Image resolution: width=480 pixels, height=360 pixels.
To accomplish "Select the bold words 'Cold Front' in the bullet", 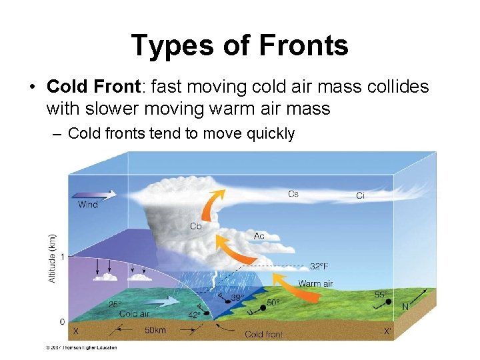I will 93,87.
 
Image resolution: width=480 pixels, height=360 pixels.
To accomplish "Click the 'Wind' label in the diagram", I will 88,205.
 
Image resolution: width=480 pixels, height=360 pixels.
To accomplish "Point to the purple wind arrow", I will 93,194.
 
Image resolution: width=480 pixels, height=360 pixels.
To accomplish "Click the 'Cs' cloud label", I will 293,194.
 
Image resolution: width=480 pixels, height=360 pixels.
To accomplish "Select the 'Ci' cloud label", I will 360,196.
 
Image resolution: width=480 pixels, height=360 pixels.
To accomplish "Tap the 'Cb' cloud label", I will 196,226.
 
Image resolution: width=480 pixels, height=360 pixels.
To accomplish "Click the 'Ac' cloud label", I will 259,236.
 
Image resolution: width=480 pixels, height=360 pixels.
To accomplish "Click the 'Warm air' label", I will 315,283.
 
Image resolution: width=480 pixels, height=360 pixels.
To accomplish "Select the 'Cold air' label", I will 134,313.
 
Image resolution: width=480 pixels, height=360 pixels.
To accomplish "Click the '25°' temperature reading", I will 115,305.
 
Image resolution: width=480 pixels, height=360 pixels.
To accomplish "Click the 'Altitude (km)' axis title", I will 53,257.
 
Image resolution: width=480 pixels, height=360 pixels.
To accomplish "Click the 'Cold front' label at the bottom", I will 263,334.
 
